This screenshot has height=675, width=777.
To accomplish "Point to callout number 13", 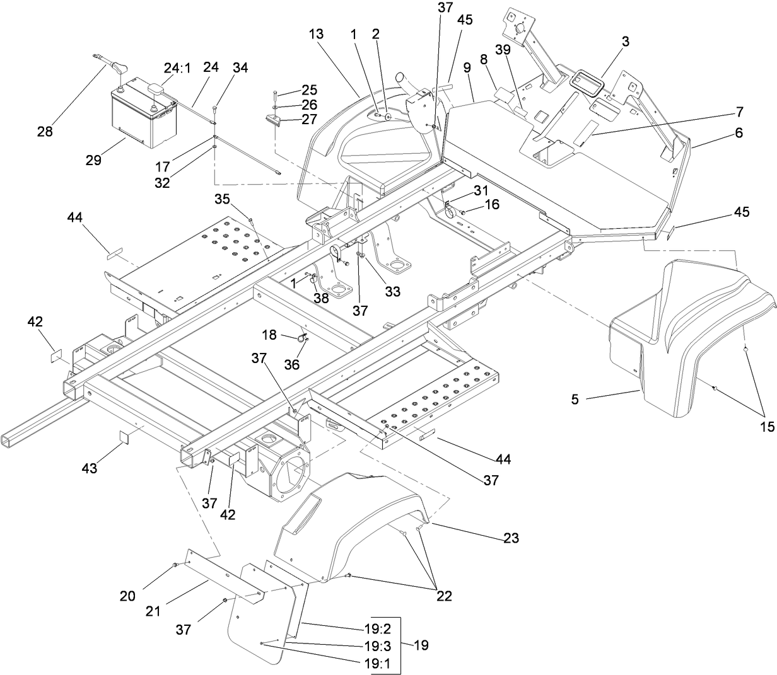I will (316, 34).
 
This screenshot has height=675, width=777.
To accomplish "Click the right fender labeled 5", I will (687, 340).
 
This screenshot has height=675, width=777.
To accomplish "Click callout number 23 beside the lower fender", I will (510, 538).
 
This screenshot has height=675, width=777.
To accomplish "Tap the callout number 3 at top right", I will (625, 42).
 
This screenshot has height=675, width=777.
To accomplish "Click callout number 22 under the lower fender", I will (444, 596).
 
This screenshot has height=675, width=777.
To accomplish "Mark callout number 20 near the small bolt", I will (127, 596).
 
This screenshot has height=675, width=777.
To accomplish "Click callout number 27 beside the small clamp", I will (309, 120).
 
